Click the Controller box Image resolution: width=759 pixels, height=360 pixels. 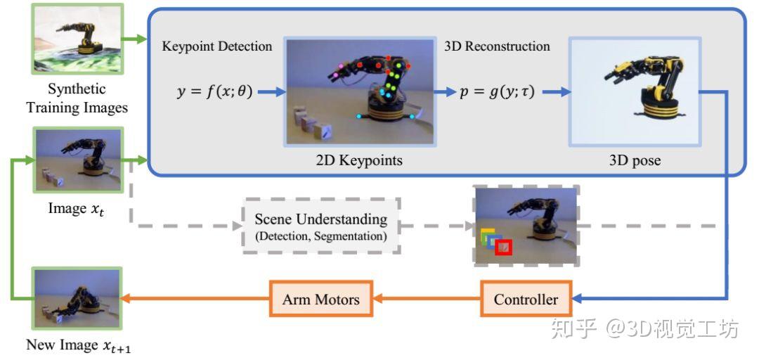click(x=526, y=300)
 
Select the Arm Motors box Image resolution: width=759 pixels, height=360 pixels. click(x=320, y=300)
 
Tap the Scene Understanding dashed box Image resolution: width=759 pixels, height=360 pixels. click(x=321, y=226)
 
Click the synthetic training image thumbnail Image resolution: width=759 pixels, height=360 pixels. click(x=67, y=39)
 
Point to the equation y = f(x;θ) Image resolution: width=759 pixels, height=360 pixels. click(x=215, y=91)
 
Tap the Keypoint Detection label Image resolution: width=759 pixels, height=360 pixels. click(x=217, y=47)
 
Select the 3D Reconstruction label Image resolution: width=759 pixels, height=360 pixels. click(x=497, y=47)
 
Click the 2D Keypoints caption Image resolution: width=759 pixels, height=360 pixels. click(x=359, y=160)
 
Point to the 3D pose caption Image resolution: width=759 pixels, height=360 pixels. click(x=637, y=160)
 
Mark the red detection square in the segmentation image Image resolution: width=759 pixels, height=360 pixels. click(x=503, y=247)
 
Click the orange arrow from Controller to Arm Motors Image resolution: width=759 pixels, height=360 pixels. click(x=427, y=300)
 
